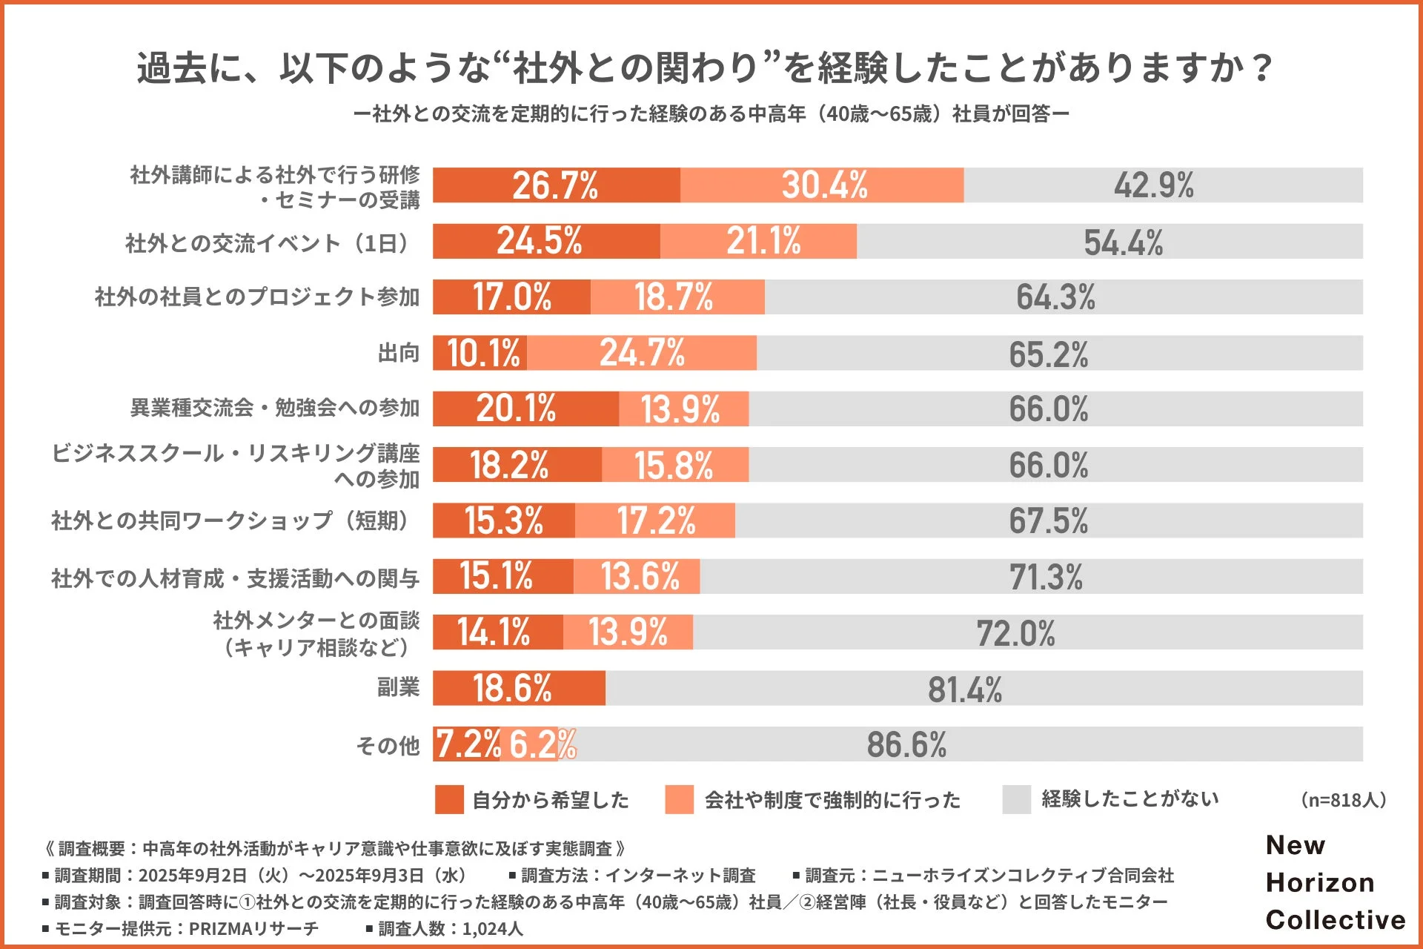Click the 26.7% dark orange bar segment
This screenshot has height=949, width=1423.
click(x=556, y=185)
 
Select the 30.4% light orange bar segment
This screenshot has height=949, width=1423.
click(x=823, y=185)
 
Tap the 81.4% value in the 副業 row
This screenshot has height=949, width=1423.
click(x=964, y=690)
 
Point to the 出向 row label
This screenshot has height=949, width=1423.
click(x=399, y=353)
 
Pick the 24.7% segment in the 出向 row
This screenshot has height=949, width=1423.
click(x=642, y=353)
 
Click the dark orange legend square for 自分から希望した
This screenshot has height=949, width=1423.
click(x=449, y=799)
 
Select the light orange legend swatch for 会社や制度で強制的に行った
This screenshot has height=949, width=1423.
click(x=679, y=799)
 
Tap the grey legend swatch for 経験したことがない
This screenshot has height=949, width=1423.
click(x=1016, y=799)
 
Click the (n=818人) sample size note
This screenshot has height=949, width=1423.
click(x=1343, y=800)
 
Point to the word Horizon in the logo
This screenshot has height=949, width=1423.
click(x=1320, y=882)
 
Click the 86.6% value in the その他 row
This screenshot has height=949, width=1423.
click(x=906, y=745)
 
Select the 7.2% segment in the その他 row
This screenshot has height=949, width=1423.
click(x=467, y=744)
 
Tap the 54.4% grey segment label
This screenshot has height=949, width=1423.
click(x=1123, y=242)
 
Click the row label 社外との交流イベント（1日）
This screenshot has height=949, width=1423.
click(x=268, y=243)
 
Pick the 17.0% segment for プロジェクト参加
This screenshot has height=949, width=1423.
click(x=511, y=297)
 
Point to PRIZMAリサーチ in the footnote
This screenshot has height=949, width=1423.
click(x=253, y=928)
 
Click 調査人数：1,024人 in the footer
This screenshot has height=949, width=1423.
click(x=451, y=928)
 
